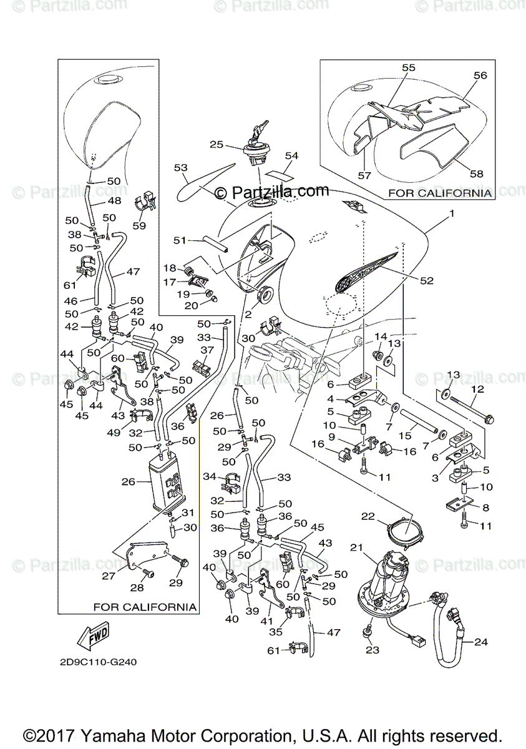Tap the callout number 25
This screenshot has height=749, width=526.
(x=216, y=144)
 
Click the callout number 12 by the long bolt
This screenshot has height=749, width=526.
(x=477, y=389)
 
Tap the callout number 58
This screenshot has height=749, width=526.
(x=477, y=174)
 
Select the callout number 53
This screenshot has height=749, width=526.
(x=181, y=167)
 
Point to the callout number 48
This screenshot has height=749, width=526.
(x=114, y=201)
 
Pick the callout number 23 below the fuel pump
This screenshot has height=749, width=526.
(x=373, y=650)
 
